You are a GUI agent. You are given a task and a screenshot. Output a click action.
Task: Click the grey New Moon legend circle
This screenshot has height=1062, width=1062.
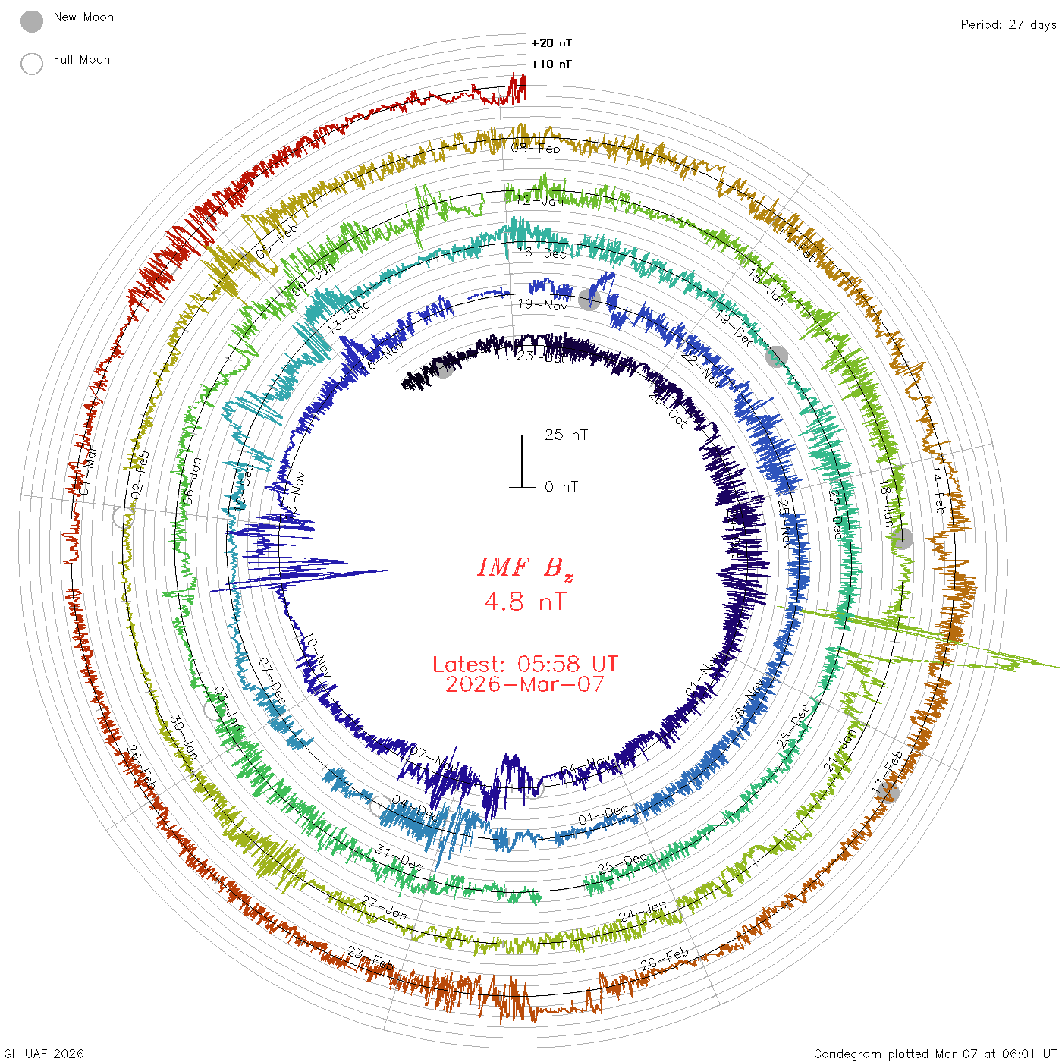point(32,22)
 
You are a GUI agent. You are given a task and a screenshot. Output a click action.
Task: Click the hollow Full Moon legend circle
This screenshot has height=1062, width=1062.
point(32,64)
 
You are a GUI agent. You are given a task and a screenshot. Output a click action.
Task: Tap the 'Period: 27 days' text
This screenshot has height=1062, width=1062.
point(1008,25)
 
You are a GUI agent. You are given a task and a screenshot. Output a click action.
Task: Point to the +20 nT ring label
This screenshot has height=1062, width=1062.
point(551,43)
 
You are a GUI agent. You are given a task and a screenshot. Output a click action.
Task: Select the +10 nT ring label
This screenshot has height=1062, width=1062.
point(551,64)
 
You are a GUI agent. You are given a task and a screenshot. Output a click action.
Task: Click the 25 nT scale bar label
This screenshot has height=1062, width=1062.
point(566,435)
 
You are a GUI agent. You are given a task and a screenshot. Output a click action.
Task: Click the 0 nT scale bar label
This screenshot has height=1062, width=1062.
point(561,486)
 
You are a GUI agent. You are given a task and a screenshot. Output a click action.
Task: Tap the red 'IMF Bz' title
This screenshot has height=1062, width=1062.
point(525,567)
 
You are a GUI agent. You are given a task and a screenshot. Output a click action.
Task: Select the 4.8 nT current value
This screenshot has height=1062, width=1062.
point(525,602)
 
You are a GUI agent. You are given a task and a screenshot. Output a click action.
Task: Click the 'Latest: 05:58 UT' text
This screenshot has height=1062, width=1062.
point(525,665)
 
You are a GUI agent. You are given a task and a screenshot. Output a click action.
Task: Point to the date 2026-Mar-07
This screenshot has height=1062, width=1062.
point(525,684)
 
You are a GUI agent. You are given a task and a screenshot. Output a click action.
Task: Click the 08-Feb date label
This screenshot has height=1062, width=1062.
point(536,148)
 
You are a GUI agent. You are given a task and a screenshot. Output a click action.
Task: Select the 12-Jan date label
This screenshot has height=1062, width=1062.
point(540,201)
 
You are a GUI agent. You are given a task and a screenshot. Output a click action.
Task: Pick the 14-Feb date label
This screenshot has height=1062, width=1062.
point(938,490)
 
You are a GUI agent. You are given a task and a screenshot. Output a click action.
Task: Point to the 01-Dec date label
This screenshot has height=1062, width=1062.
point(603,815)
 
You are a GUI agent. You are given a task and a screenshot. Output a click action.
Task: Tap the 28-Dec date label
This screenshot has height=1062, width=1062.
point(623,863)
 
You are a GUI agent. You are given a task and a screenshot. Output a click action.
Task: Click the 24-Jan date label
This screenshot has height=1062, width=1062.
point(643,911)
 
